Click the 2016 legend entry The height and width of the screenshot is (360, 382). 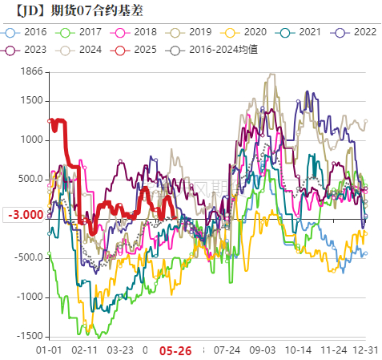click(x=29, y=32)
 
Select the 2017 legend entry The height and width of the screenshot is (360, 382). click(x=84, y=32)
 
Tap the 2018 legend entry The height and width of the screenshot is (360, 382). click(x=139, y=32)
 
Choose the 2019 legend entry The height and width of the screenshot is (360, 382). click(x=195, y=32)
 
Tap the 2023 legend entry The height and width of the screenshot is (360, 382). click(x=29, y=50)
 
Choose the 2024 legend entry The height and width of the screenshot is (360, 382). click(x=84, y=50)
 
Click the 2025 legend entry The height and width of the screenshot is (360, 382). click(x=139, y=50)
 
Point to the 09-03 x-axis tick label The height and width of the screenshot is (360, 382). click(x=262, y=350)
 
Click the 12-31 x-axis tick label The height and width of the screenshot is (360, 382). click(x=366, y=350)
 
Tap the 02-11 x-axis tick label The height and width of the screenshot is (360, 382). click(x=83, y=350)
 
